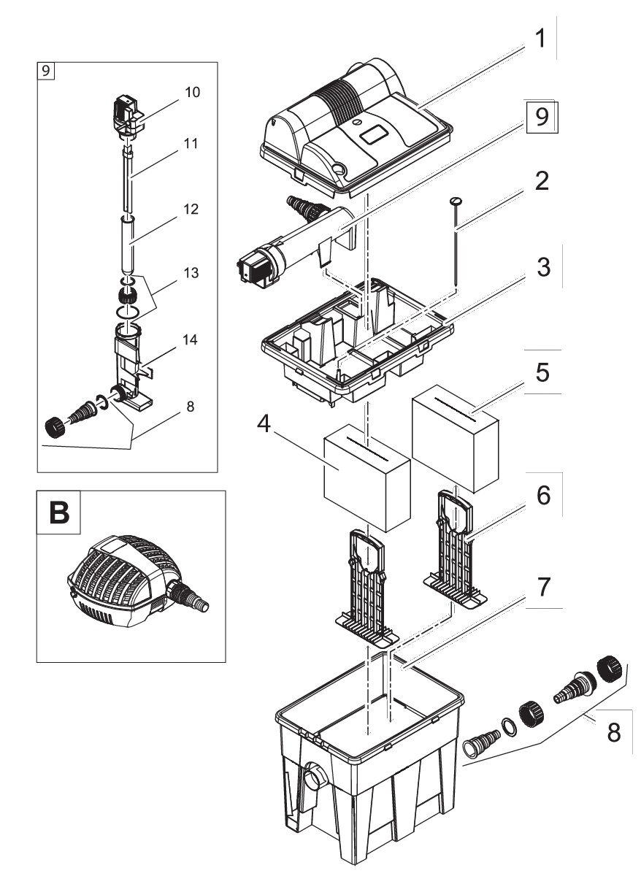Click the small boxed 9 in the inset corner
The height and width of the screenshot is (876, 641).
[x=45, y=71]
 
